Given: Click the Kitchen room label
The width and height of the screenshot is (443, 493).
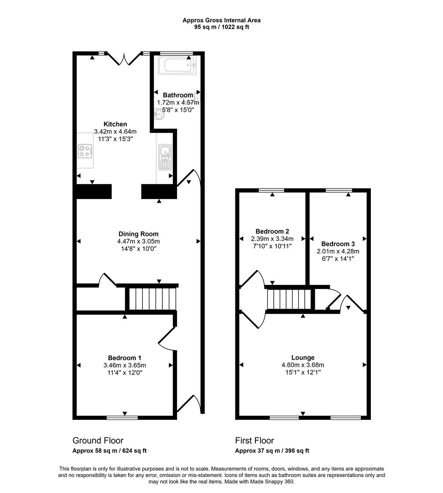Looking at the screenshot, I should tap(115, 124).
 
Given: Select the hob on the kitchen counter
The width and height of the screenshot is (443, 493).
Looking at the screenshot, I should tap(85, 151).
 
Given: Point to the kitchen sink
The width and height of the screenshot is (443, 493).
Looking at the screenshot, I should tap(165, 156).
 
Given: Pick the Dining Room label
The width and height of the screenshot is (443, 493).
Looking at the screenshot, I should tap(138, 234).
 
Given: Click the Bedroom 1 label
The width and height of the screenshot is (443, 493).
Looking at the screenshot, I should tap(125, 358).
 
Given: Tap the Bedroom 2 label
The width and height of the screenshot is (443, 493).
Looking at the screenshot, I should tap(272, 231).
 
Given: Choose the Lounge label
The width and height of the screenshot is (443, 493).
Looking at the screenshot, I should tap(303, 357).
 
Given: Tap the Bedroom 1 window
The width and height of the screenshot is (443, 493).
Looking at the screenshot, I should tap(122, 417).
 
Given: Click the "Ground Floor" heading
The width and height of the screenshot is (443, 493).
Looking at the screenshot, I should tap(98, 441).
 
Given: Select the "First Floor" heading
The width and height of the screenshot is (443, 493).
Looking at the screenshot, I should tap(255, 441).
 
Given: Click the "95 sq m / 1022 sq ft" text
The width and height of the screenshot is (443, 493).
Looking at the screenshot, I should tap(222, 27).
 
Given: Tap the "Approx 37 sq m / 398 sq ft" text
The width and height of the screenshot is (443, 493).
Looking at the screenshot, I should tap(272, 451).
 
